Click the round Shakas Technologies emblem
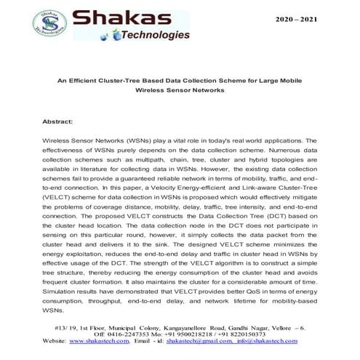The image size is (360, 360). point(50,24)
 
